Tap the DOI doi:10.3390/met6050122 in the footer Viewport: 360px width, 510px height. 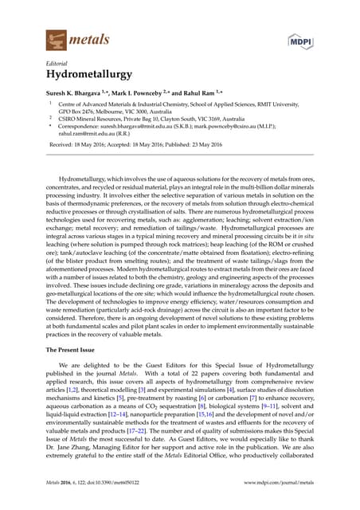pyautogui.click(x=130, y=483)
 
